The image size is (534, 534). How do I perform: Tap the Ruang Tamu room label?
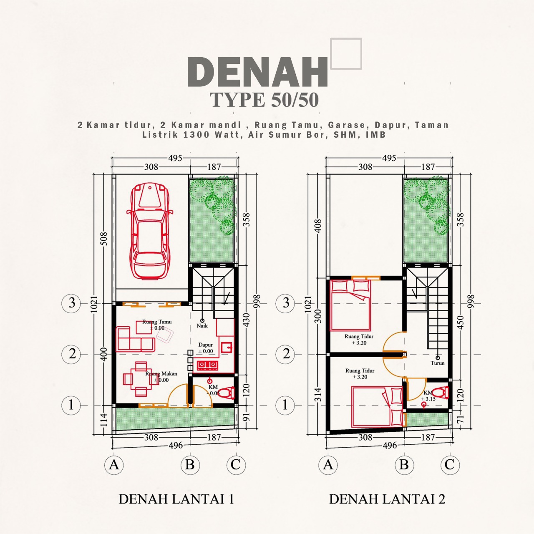coord(157,322)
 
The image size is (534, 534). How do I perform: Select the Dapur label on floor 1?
coord(205,345)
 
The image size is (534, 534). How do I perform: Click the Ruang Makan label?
coord(161,373)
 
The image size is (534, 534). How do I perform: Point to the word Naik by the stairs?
coord(202,325)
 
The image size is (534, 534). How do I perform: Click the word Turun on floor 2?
coord(438,363)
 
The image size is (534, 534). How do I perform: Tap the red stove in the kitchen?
coord(207,365)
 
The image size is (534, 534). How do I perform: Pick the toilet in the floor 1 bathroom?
coord(226,393)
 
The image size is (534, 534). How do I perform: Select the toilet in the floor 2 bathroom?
coord(440,393)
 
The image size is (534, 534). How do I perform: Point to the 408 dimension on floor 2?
coord(318,226)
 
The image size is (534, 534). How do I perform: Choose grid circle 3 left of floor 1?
coord(71,303)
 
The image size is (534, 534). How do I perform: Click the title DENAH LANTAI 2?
coord(387,499)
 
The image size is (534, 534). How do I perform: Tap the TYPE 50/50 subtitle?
coord(264,100)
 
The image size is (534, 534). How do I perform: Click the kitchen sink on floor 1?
coord(227,347)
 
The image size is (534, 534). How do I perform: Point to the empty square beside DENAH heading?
coord(346,53)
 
